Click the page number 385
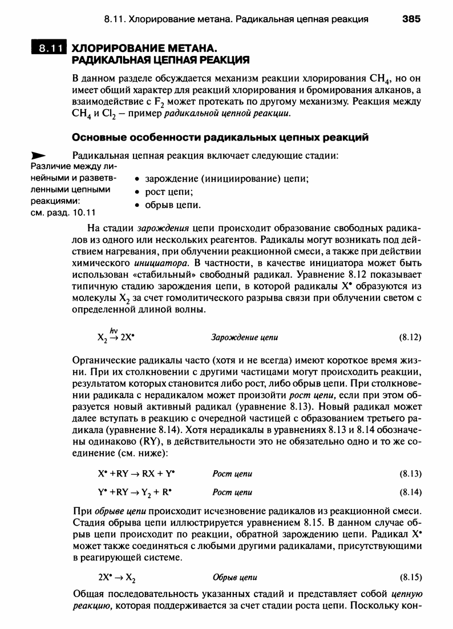[x=411, y=19]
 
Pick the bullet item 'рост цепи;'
[x=165, y=191]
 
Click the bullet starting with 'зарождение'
[x=223, y=179]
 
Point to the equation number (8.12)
[x=410, y=337]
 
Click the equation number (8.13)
[x=410, y=474]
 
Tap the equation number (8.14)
[x=410, y=492]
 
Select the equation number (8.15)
[x=410, y=577]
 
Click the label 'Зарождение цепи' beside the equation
[x=245, y=337]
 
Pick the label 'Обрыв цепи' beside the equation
[x=234, y=577]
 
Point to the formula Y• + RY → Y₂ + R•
[x=135, y=492]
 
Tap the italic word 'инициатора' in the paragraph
[x=157, y=263]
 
